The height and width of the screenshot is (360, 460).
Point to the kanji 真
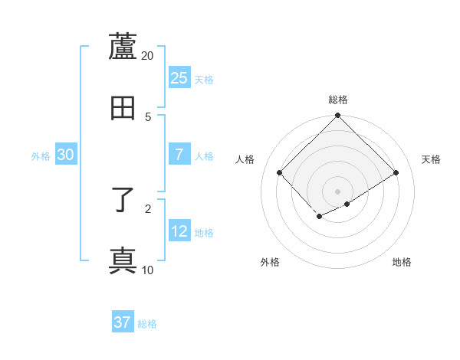[x=123, y=260]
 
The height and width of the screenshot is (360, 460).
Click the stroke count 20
[x=148, y=56]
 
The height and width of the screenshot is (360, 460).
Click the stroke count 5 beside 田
[x=148, y=116]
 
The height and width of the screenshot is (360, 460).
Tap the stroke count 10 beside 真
[x=148, y=270]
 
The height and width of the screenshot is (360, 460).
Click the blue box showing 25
[x=179, y=77]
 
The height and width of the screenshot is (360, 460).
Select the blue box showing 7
[x=179, y=155]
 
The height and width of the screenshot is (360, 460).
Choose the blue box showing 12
[x=179, y=231]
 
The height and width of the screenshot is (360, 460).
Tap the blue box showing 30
[x=66, y=155]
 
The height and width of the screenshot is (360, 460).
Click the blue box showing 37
[x=123, y=322]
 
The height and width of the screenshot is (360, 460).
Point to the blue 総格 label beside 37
[x=147, y=324]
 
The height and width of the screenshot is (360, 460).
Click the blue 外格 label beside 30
[x=41, y=156]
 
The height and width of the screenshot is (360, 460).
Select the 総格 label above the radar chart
[x=338, y=100]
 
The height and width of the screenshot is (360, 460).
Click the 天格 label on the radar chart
[x=431, y=159]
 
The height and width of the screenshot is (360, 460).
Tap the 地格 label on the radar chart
[x=402, y=262]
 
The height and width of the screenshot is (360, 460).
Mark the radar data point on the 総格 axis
[x=338, y=116]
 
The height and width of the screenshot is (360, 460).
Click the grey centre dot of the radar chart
[x=337, y=191]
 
